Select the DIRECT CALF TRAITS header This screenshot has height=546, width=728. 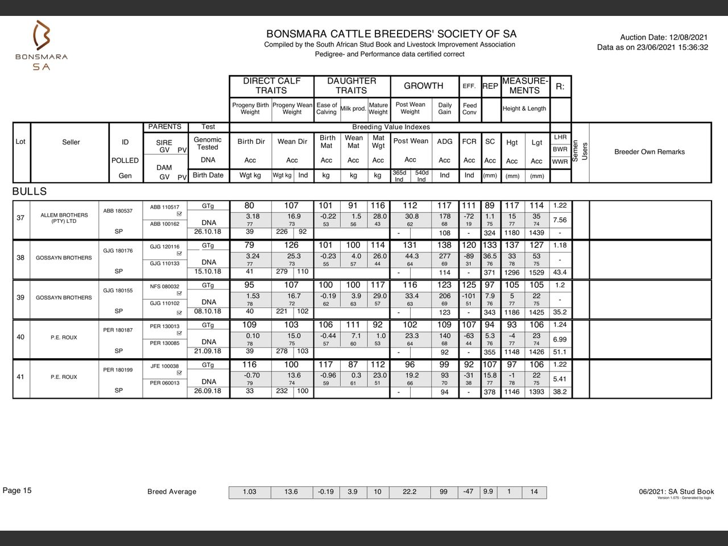(271, 86)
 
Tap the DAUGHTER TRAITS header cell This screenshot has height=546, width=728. (351, 86)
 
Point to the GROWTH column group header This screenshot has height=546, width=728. (423, 86)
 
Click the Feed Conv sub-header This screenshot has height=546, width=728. (470, 109)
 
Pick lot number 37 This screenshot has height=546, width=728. (20, 218)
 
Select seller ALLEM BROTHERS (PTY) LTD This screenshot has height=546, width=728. (64, 218)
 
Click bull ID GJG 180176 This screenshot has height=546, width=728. (118, 251)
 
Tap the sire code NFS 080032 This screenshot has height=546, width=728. (164, 287)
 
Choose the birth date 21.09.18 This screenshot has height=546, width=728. (208, 351)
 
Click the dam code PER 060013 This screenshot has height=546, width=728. (164, 383)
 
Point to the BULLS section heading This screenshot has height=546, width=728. (30, 192)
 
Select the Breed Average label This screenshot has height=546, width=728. (172, 492)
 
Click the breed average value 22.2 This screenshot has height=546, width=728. (409, 492)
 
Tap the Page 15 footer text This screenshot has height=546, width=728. (18, 490)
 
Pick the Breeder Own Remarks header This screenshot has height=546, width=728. (650, 152)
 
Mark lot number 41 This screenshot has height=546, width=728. (20, 377)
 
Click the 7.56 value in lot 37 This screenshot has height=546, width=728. (560, 220)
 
